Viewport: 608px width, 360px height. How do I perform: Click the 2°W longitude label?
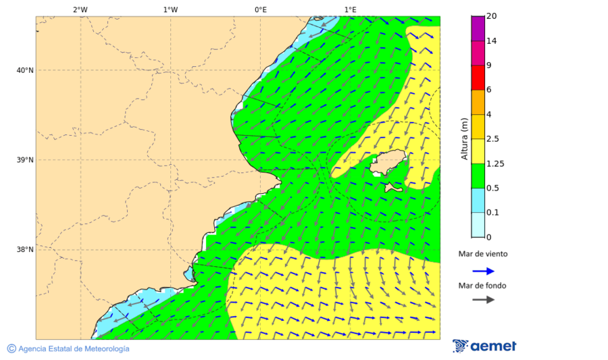click(80, 9)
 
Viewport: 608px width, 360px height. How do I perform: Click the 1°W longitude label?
click(170, 9)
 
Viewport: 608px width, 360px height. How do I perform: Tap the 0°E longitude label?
click(260, 9)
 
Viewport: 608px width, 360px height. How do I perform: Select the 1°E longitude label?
click(350, 9)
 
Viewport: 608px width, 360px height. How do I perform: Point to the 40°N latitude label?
click(24, 70)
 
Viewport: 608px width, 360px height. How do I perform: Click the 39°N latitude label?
click(24, 160)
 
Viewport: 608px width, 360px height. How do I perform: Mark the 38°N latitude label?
click(24, 250)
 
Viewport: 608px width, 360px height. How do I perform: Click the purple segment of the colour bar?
click(478, 28)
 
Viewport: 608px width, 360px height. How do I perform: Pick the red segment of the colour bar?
click(478, 78)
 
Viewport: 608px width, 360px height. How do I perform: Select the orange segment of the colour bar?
click(478, 102)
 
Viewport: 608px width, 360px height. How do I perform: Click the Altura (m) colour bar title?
click(464, 138)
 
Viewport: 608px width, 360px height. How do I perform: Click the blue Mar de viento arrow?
click(483, 271)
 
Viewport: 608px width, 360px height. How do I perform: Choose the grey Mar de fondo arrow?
click(483, 300)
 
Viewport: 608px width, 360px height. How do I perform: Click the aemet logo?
click(484, 346)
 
